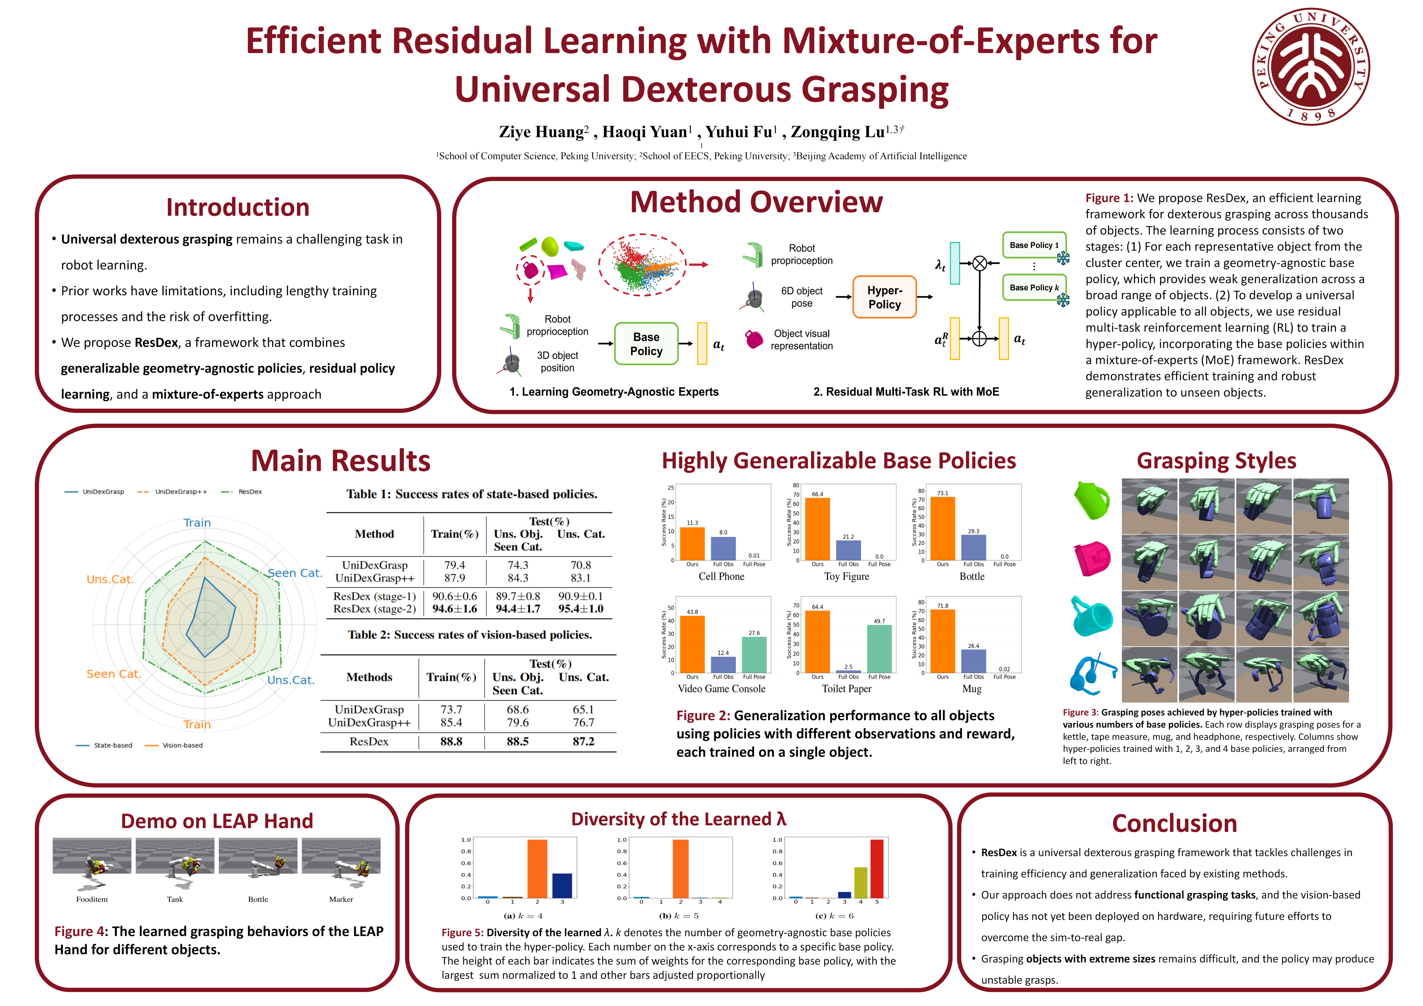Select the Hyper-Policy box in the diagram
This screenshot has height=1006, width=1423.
pos(884,297)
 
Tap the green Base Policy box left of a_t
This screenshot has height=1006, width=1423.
pos(646,344)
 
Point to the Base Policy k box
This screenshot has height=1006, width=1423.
pos(1034,287)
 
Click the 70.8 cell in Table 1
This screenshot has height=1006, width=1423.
pos(581,565)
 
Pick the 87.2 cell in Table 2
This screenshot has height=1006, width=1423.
pos(583,742)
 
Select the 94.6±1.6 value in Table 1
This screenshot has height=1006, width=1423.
pos(454,609)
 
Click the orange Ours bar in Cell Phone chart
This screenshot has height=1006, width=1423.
pos(692,543)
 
